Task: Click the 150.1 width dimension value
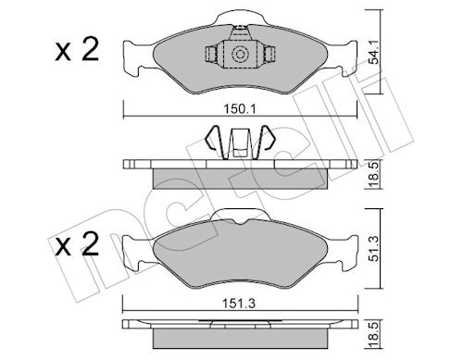click(240, 109)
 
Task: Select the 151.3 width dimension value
click(239, 304)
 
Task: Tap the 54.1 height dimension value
click(374, 54)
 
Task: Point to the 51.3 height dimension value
click(374, 250)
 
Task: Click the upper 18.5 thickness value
click(374, 176)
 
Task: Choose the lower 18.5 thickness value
click(374, 336)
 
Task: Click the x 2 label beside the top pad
click(77, 49)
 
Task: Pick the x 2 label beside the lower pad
click(77, 243)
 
